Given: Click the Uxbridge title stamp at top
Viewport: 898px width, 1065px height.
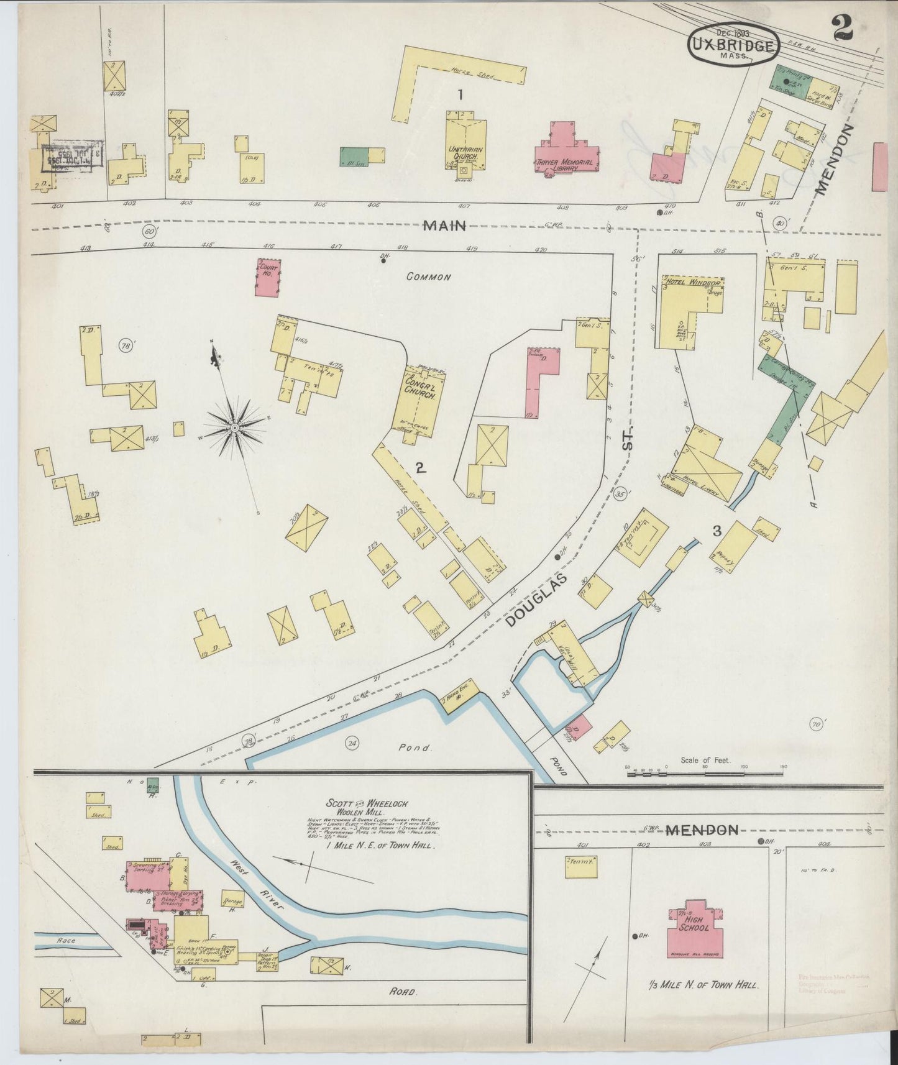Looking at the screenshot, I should pyautogui.click(x=733, y=45).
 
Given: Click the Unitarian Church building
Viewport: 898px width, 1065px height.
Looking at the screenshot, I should pyautogui.click(x=464, y=146).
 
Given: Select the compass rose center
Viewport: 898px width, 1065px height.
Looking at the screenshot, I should pyautogui.click(x=235, y=428).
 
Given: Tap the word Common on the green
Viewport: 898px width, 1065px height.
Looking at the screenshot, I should pyautogui.click(x=428, y=277).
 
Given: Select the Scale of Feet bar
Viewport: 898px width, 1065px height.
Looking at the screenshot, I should pyautogui.click(x=705, y=774).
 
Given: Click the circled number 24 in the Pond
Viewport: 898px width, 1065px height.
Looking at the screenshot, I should pyautogui.click(x=353, y=743).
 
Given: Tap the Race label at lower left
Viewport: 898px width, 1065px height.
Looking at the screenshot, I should pyautogui.click(x=65, y=941).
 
